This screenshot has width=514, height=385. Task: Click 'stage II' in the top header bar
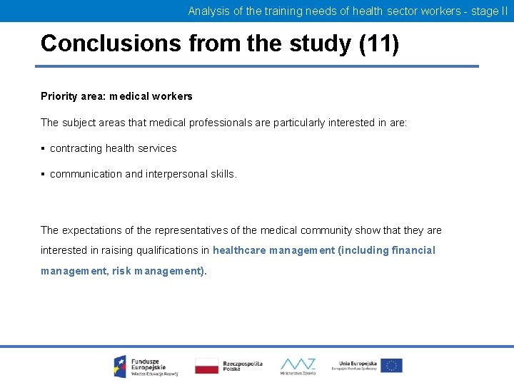[489, 11]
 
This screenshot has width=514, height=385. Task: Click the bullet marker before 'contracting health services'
[44, 148]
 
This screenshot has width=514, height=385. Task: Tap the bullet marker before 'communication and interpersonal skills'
[44, 174]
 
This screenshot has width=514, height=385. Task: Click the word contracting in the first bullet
[76, 148]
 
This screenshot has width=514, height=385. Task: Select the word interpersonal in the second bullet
[178, 174]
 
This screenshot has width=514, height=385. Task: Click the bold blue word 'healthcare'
[240, 250]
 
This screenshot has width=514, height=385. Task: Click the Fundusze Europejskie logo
[140, 366]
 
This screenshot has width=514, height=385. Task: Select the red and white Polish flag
[207, 366]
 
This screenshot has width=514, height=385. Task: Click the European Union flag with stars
[391, 366]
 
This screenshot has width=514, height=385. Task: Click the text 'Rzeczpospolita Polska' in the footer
[242, 366]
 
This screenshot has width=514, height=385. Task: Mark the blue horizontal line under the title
[257, 66]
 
